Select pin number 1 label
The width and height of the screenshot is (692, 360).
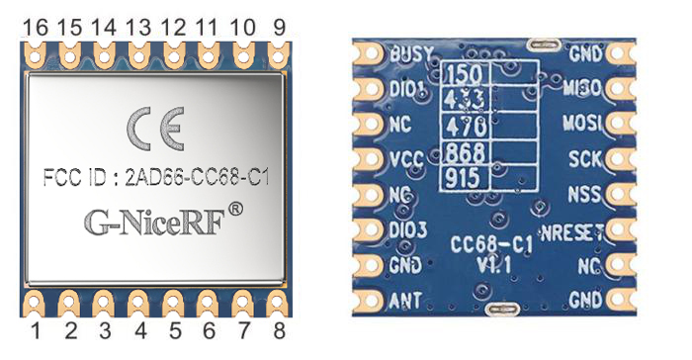click(x=36, y=332)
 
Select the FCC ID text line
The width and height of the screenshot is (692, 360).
click(x=157, y=179)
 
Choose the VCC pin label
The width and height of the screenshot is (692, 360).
click(x=405, y=158)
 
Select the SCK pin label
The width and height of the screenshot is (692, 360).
click(x=587, y=158)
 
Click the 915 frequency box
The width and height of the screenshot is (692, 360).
click(x=464, y=179)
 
